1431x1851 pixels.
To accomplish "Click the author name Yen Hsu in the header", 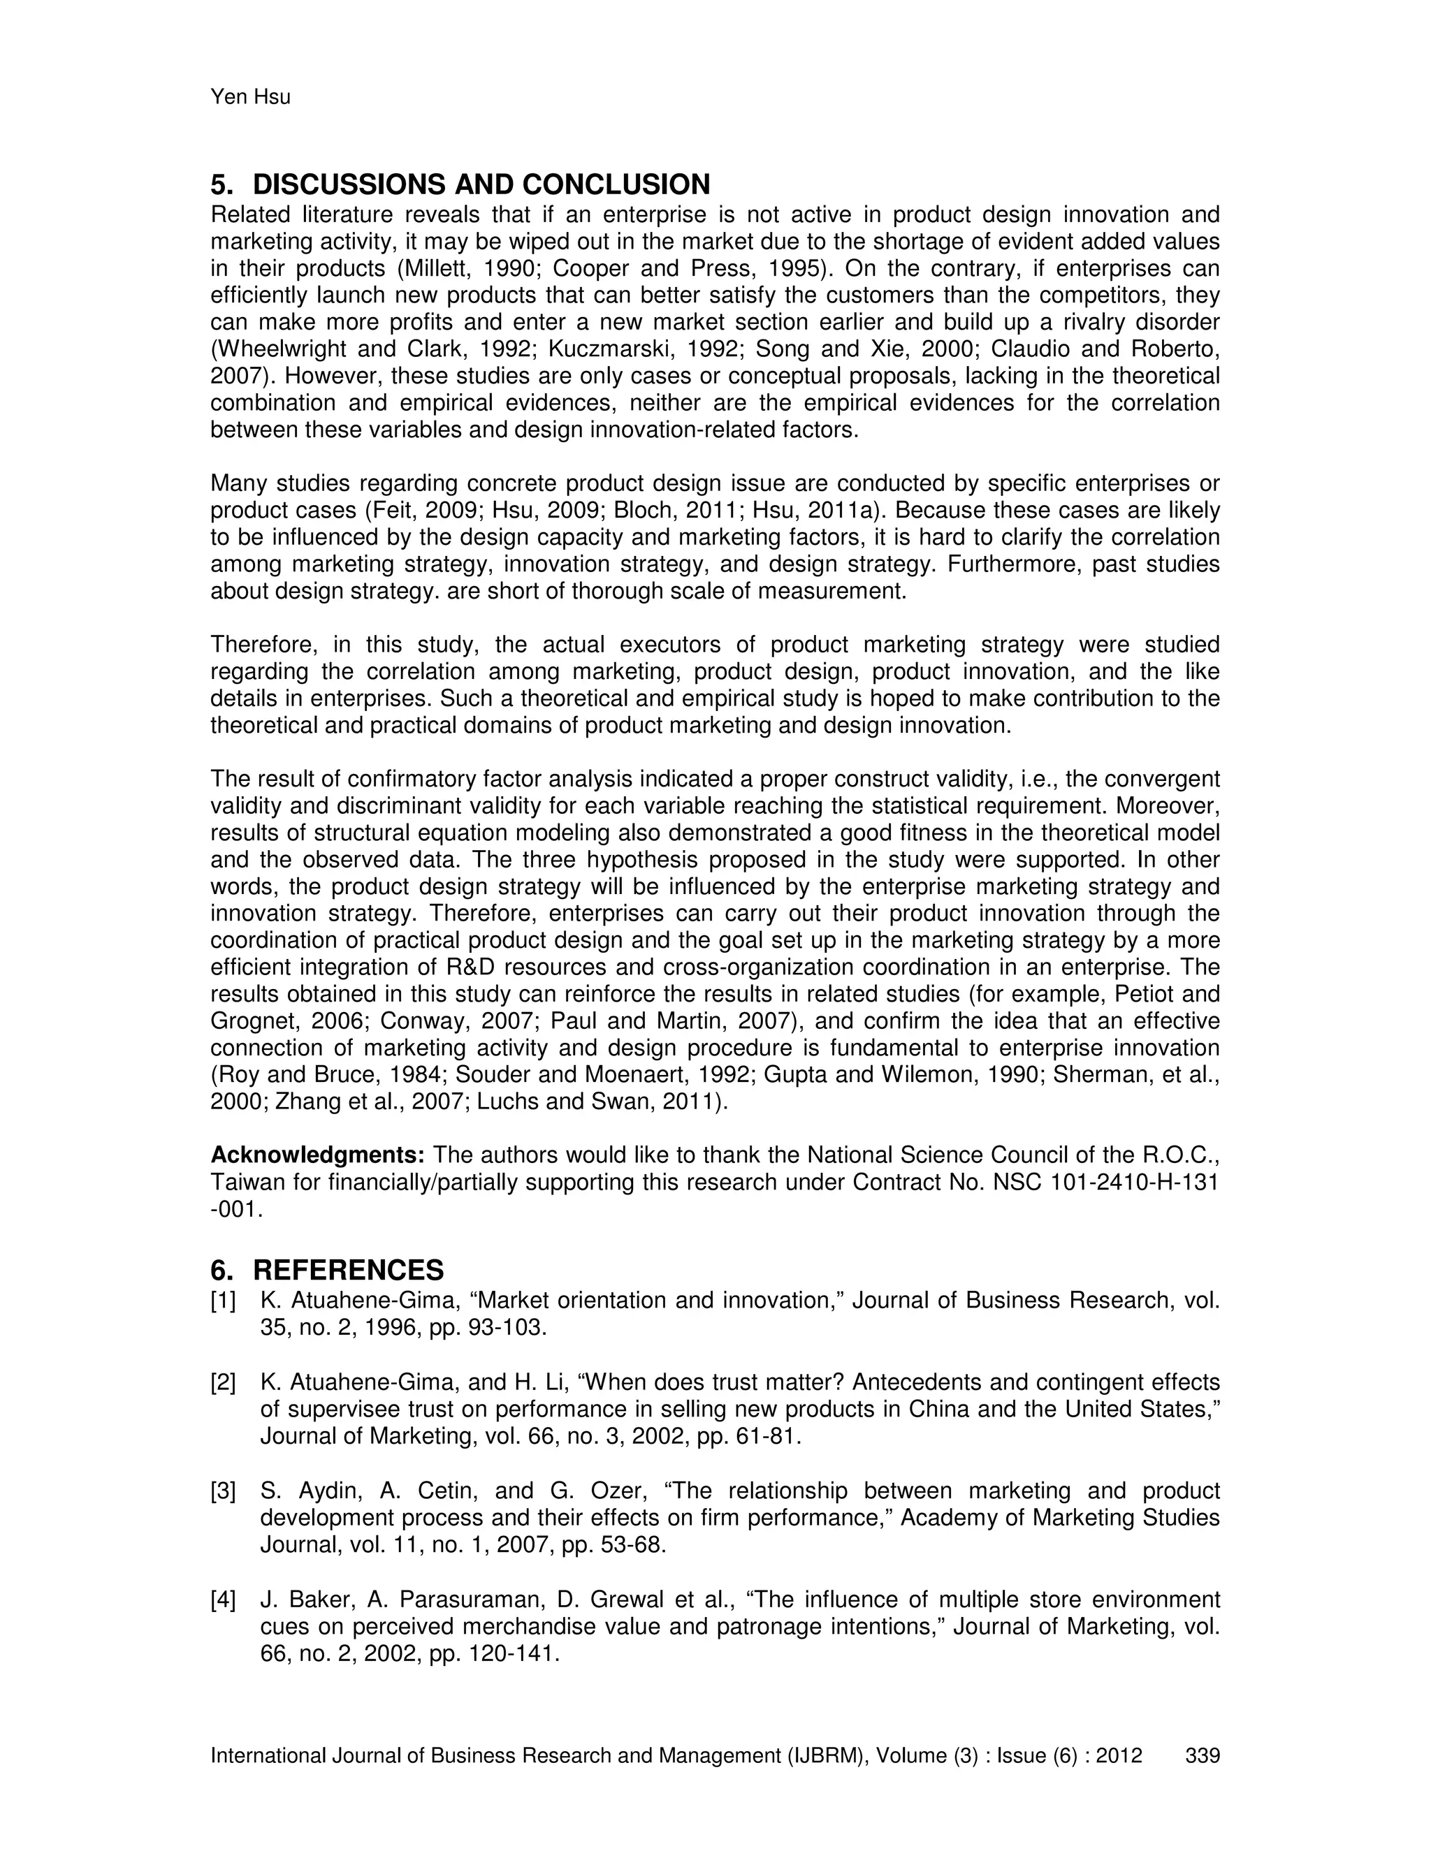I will click(250, 98).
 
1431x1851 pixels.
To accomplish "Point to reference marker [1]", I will click(223, 1301).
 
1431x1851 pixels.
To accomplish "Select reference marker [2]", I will click(223, 1382).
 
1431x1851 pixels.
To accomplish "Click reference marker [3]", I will click(223, 1491).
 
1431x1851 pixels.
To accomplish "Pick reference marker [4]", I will click(223, 1600).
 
